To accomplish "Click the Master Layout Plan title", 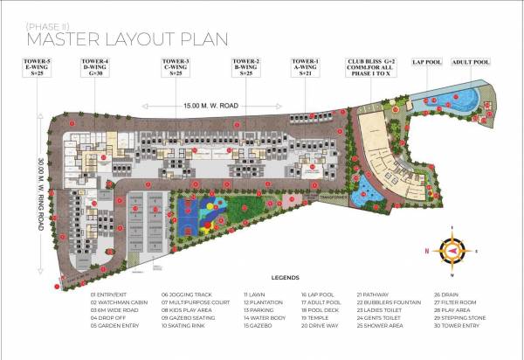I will tap(128, 38).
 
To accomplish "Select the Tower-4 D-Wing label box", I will tap(96, 67).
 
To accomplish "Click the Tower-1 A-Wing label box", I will tap(306, 67).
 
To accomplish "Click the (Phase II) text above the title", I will tap(48, 24).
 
